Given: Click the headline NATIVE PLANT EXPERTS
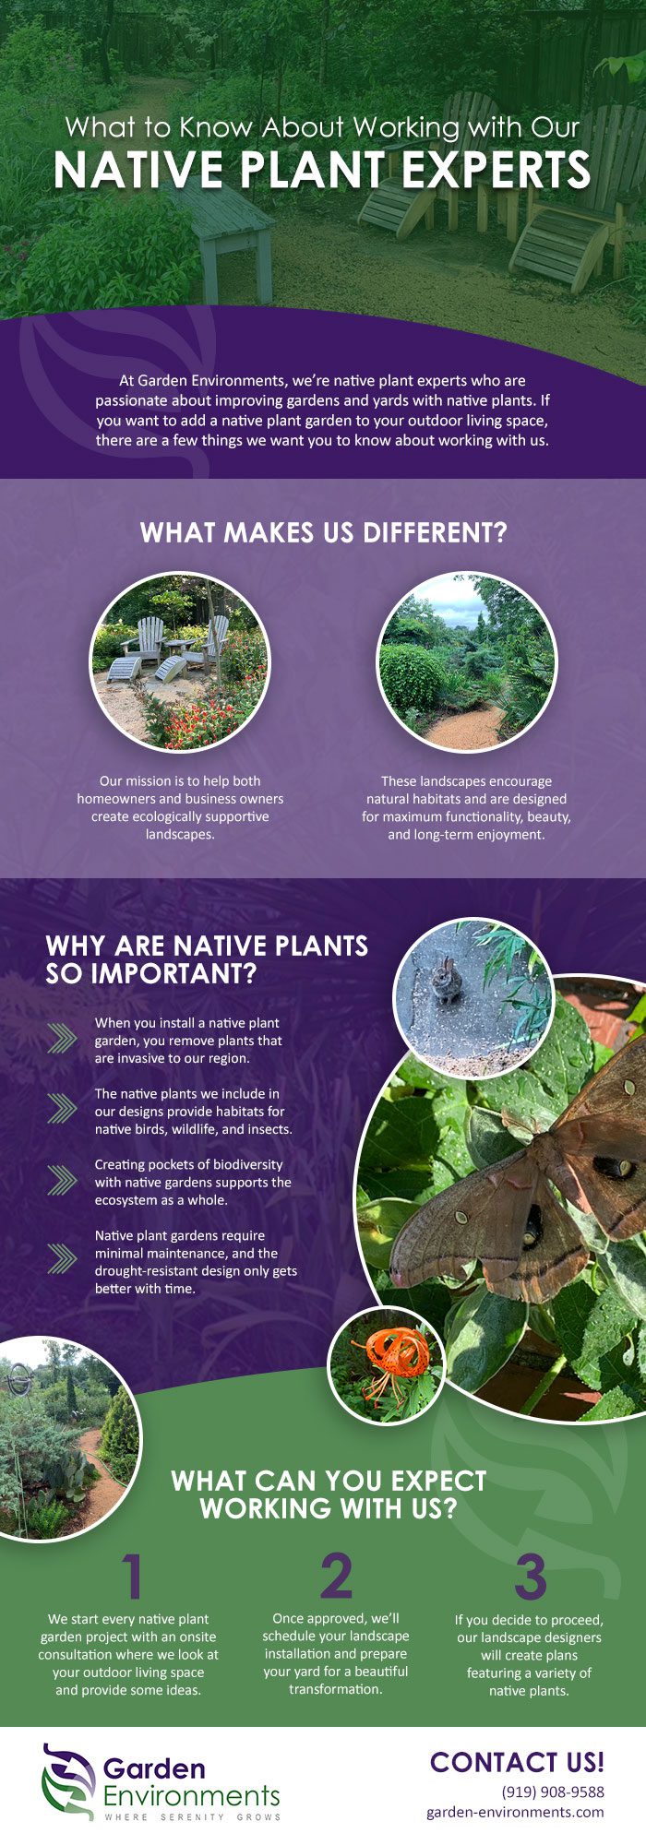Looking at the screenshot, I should [x=322, y=170].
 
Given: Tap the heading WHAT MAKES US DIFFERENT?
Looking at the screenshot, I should [x=323, y=532].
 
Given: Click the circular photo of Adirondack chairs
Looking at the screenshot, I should [x=180, y=661].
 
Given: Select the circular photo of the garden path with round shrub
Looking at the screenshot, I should [x=467, y=661].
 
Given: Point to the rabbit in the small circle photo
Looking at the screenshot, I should [x=447, y=980].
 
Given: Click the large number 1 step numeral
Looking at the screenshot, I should [x=134, y=1577].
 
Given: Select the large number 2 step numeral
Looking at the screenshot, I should [x=336, y=1577].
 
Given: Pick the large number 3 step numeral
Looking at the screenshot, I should [x=530, y=1577].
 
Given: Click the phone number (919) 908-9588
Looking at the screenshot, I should [x=553, y=1791].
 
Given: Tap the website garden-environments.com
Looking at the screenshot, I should [x=515, y=1812].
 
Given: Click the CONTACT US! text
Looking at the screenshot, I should [x=517, y=1762].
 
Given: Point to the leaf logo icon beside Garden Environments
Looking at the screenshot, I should [x=68, y=1780].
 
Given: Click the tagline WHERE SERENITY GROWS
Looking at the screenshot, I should [x=192, y=1817].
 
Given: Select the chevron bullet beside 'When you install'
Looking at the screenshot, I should [x=62, y=1039].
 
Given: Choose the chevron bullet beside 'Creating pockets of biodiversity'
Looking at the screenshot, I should [x=62, y=1180].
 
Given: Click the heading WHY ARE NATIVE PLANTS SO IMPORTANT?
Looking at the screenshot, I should [x=207, y=959].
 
